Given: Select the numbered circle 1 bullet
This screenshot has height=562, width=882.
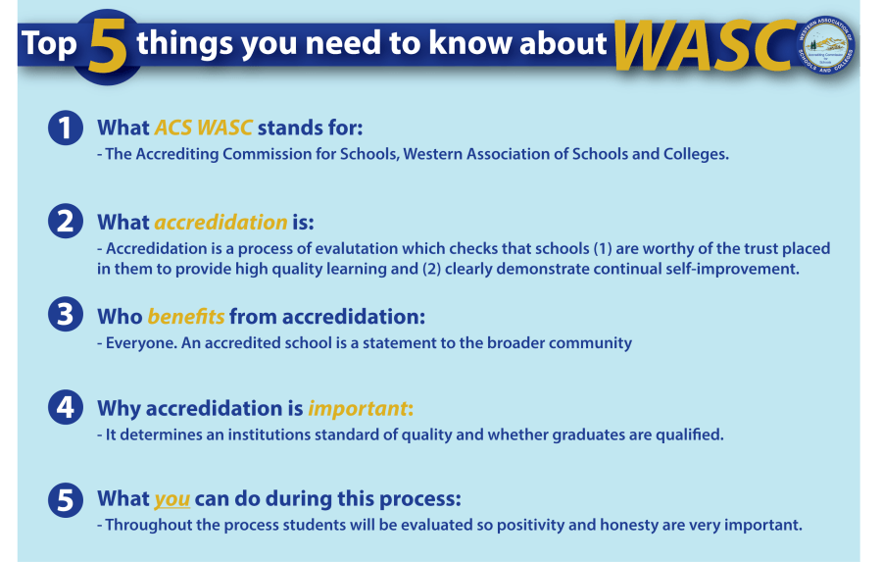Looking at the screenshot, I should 66,128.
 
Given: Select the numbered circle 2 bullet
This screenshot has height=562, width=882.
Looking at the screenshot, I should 66,222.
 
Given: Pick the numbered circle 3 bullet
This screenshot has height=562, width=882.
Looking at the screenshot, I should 66,316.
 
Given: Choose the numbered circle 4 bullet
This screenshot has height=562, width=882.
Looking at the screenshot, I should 66,407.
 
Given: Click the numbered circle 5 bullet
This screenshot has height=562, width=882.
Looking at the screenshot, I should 66,499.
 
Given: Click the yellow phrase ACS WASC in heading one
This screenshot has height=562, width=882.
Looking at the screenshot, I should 203,128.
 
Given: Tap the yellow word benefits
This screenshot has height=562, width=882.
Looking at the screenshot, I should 186,316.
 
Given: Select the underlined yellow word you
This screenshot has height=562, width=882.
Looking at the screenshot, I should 171,499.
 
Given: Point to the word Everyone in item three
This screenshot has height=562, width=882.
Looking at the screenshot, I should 138,343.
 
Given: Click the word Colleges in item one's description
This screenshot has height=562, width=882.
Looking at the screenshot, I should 696,154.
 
